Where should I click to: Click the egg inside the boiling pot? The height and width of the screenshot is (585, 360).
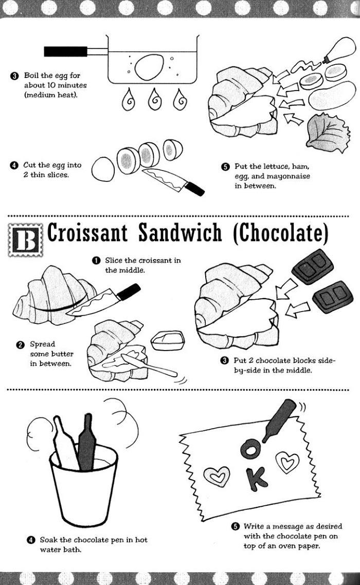pyautogui.click(x=149, y=67)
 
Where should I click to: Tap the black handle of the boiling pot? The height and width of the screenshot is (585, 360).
pyautogui.click(x=65, y=51)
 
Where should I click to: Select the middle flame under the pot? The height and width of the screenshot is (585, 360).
pyautogui.click(x=155, y=100)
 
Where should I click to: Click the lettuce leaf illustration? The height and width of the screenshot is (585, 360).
pyautogui.click(x=328, y=132)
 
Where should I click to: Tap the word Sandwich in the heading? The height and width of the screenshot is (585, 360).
pyautogui.click(x=180, y=233)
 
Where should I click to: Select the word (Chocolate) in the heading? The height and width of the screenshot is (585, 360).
pyautogui.click(x=280, y=233)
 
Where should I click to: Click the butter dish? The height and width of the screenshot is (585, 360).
pyautogui.click(x=168, y=340)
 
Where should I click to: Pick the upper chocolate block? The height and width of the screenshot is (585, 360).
pyautogui.click(x=313, y=266)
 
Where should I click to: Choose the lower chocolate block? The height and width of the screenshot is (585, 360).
pyautogui.click(x=333, y=296)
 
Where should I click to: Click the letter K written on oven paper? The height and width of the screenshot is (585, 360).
pyautogui.click(x=256, y=478)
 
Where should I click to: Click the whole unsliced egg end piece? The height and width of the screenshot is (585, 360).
pyautogui.click(x=103, y=169)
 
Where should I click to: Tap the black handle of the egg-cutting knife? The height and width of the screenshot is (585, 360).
pyautogui.click(x=195, y=189)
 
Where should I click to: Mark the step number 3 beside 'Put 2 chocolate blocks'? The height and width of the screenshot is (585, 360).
pyautogui.click(x=224, y=360)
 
